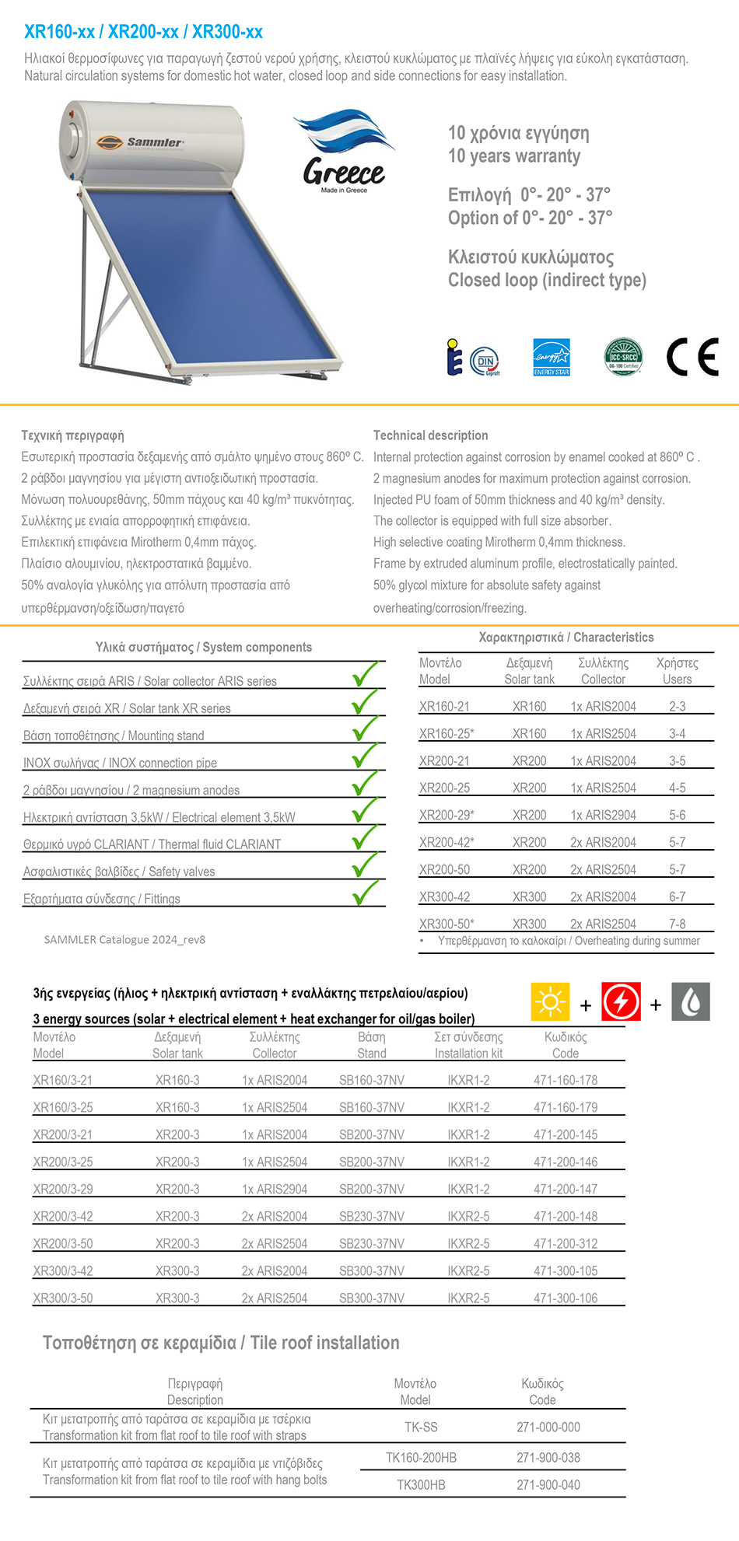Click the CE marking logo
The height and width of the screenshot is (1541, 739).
tap(692, 358)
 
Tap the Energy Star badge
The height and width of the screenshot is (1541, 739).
tap(551, 358)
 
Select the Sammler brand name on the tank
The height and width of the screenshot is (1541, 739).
tap(155, 142)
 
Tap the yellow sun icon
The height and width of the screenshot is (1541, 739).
tap(550, 1001)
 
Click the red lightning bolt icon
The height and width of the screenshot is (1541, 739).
tap(621, 1001)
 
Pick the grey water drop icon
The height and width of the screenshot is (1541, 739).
tap(691, 1001)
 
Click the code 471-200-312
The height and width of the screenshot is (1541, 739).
tap(566, 1244)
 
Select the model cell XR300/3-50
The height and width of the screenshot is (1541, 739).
tap(63, 1298)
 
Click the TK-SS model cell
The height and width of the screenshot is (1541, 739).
tap(421, 1427)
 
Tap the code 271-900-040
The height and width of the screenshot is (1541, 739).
tap(548, 1485)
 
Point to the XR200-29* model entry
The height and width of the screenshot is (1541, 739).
tap(447, 816)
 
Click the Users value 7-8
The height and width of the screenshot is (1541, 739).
tap(677, 924)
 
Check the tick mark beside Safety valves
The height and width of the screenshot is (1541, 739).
tap(365, 865)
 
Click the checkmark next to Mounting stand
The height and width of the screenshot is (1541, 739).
tap(365, 729)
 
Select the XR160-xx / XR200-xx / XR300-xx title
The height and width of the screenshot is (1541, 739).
tap(143, 32)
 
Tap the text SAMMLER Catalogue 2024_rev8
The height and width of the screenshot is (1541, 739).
tap(124, 940)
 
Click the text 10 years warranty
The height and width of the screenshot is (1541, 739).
tap(514, 156)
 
